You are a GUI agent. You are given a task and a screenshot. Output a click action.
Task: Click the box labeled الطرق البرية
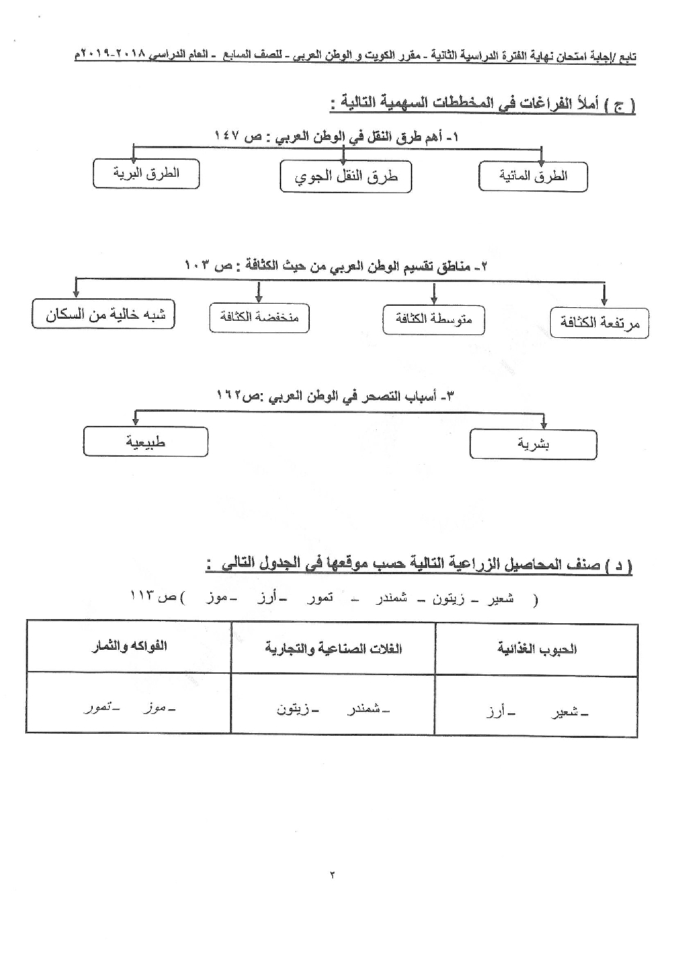pyautogui.click(x=146, y=173)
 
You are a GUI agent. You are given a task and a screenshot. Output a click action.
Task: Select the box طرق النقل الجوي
pyautogui.click(x=345, y=177)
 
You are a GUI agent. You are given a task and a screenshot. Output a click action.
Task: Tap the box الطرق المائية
pyautogui.click(x=533, y=177)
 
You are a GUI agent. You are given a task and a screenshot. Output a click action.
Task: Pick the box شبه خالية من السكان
pyautogui.click(x=103, y=315)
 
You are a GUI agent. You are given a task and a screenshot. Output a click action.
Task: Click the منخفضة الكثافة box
pyautogui.click(x=259, y=318)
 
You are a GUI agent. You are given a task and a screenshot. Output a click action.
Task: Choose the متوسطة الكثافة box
pyautogui.click(x=433, y=319)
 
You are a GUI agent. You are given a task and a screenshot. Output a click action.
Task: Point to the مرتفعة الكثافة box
pyautogui.click(x=599, y=323)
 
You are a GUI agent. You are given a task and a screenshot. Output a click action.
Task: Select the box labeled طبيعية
pyautogui.click(x=145, y=442)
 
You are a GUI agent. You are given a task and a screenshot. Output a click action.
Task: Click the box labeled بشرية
pyautogui.click(x=534, y=444)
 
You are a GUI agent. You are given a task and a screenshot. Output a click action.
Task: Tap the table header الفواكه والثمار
pyautogui.click(x=129, y=646)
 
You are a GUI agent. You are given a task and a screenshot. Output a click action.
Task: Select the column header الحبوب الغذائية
pyautogui.click(x=536, y=648)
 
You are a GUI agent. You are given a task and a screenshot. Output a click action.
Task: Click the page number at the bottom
pyautogui.click(x=332, y=874)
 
